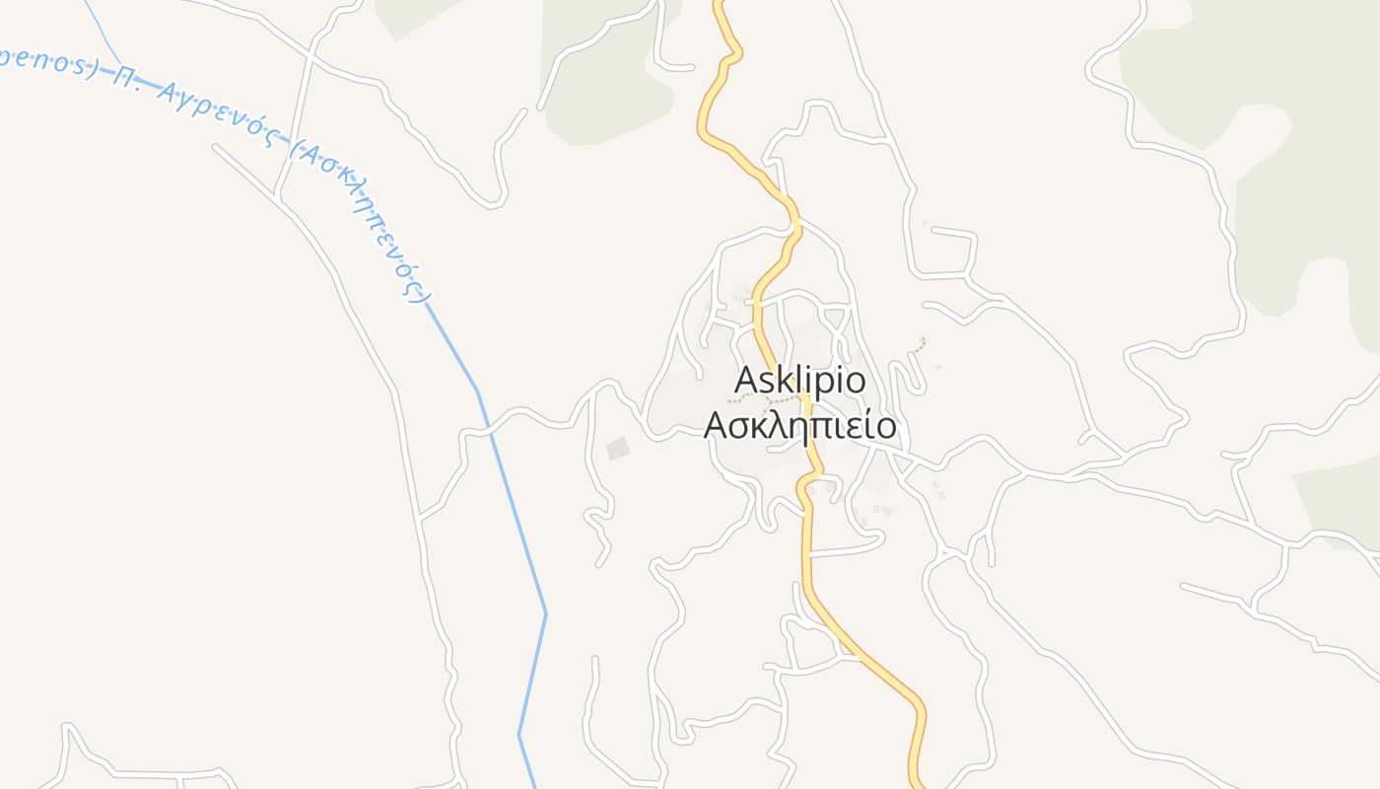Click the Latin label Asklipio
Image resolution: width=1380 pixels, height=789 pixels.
point(800,380)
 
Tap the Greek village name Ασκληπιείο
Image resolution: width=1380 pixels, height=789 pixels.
point(799,426)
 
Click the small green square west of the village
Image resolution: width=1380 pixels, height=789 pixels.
point(618,449)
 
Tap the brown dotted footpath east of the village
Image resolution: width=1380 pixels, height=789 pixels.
point(920,345)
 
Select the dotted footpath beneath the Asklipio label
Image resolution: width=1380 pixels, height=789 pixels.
point(764,399)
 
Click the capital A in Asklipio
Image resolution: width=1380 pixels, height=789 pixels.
point(746,380)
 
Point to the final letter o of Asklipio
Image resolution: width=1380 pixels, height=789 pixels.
point(856,382)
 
